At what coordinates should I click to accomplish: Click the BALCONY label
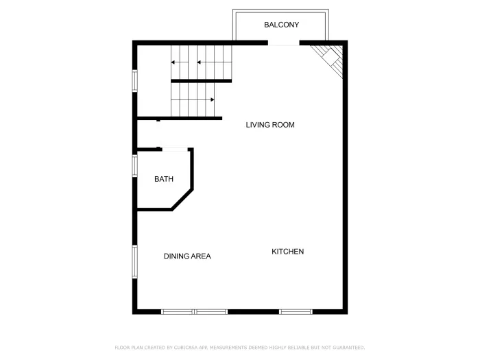[281, 25]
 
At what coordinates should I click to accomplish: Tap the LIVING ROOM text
[270, 125]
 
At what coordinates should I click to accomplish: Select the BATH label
[164, 180]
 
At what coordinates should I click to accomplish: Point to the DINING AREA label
[187, 256]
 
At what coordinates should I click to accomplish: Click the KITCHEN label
[288, 252]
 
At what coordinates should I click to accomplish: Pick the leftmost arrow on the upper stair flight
[175, 63]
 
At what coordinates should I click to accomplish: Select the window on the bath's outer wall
[135, 166]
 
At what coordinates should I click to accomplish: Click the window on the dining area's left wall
[135, 262]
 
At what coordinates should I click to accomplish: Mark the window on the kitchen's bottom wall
[296, 312]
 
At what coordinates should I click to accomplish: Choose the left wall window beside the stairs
[135, 80]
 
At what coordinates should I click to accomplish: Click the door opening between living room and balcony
[283, 44]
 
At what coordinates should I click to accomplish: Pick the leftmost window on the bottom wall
[178, 312]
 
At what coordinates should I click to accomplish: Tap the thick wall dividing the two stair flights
[201, 81]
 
